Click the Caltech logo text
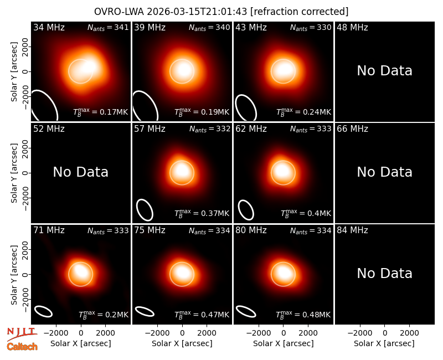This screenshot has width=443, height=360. (22, 347)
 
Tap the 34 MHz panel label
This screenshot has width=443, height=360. (49, 27)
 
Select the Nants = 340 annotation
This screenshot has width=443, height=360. (209, 27)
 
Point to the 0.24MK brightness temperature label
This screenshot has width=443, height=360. (303, 112)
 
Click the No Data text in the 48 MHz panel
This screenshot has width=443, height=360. (384, 71)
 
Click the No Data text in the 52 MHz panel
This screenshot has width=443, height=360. (80, 172)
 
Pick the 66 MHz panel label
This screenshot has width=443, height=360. (352, 129)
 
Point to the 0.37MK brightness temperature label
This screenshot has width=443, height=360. (202, 213)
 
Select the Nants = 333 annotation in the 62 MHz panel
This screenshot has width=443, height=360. (311, 129)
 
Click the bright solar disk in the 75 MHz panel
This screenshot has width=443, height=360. (182, 274)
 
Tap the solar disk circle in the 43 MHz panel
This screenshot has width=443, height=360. (283, 59)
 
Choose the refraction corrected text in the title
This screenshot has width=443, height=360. (300, 12)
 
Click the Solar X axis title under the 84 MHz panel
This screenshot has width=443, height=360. (384, 343)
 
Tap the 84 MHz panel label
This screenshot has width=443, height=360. (352, 230)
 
